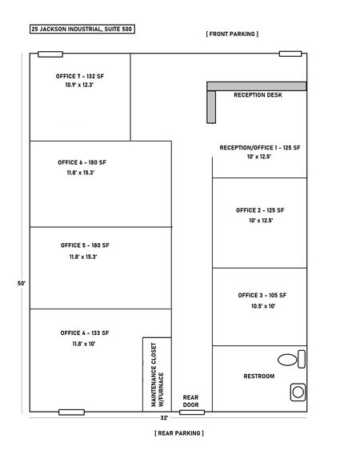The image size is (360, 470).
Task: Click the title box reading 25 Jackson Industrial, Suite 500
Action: tap(82, 29)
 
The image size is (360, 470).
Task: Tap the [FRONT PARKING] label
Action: tap(232, 34)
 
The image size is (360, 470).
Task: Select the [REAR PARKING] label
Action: tap(179, 432)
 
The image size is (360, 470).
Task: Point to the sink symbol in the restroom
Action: tap(298, 392)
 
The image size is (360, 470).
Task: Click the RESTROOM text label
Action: tap(258, 376)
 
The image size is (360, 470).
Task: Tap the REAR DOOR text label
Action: tap(190, 400)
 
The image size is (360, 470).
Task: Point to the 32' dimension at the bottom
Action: tap(163, 417)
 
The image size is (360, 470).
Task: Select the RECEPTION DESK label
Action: tap(258, 95)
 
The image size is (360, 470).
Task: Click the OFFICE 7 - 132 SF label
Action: tap(80, 75)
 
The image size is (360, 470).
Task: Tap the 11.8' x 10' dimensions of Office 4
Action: tap(78, 343)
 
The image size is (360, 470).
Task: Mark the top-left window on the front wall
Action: tap(50, 54)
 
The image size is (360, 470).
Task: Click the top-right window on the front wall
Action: tap(290, 54)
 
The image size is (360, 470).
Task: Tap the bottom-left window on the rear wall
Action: tap(71, 412)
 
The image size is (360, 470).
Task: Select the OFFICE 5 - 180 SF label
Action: tap(84, 245)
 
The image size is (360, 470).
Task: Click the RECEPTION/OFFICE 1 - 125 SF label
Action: tap(260, 148)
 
